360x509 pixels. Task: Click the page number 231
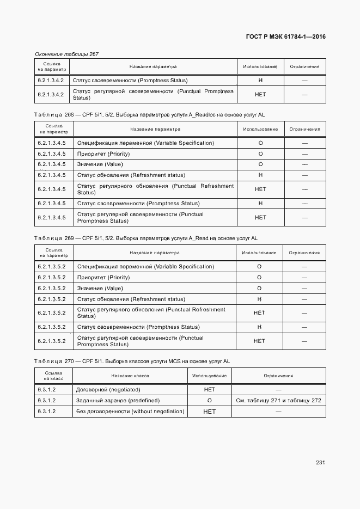pos(320,463)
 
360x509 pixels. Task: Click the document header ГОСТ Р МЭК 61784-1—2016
pos(286,37)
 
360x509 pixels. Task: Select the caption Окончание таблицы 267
pos(66,54)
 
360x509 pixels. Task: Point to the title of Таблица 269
pos(145,238)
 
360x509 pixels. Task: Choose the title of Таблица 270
pos(132,361)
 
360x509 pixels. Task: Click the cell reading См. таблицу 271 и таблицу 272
pos(278,400)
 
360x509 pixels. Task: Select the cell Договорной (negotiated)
pos(108,390)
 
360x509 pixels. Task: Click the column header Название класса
pos(130,376)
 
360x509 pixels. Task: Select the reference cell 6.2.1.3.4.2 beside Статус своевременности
pos(51,81)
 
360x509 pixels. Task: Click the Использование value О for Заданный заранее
pos(209,400)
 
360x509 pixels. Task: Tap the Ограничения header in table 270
pos(278,376)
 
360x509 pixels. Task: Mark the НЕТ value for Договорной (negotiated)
pos(209,390)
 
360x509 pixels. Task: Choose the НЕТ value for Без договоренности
pos(209,412)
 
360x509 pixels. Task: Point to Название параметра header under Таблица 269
pos(154,253)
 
